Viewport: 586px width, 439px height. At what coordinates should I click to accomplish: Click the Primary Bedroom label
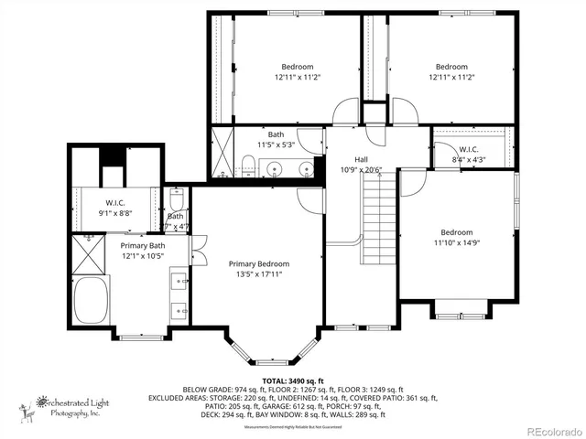point(258,263)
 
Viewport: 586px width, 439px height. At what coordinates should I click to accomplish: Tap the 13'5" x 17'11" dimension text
point(258,273)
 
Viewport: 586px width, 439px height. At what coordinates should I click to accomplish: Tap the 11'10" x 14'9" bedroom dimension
point(456,242)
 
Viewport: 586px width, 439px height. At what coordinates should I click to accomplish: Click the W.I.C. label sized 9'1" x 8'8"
point(115,203)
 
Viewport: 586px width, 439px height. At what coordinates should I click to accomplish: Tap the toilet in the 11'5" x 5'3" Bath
point(247,166)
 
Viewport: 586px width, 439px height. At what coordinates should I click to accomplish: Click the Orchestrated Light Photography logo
point(66,405)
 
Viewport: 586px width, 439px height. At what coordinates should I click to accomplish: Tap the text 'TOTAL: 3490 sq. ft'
point(293,380)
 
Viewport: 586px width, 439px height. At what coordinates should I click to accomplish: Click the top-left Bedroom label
point(297,67)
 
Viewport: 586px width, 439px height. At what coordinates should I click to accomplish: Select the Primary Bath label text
point(143,245)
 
